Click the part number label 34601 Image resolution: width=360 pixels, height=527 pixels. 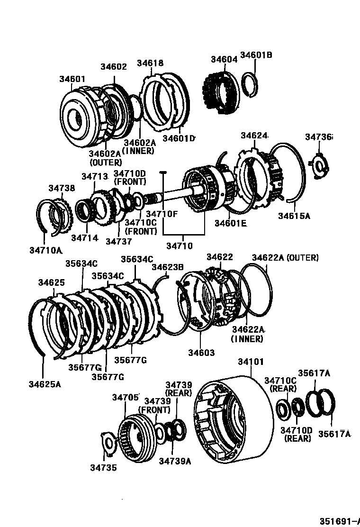pos(72,78)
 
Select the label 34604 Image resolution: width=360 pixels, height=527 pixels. pos(224,59)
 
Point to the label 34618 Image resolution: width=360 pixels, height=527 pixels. pos(150,63)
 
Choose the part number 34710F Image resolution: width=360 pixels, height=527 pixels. pos(162,214)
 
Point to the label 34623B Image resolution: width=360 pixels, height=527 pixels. pos(167,267)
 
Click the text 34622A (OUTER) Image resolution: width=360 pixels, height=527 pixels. pos(285,257)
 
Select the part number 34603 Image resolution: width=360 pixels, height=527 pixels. pos(201,353)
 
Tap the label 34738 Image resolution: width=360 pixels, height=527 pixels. pos(62,188)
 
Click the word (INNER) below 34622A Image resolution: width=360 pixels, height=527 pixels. pos(247,339)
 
